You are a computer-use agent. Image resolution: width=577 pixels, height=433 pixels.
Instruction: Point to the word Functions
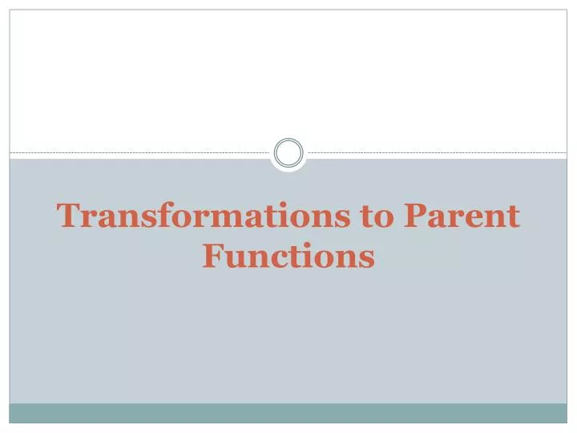(x=288, y=257)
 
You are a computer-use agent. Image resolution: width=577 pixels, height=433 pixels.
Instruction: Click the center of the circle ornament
(x=288, y=152)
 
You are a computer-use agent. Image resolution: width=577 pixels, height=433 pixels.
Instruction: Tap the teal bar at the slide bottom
(x=288, y=412)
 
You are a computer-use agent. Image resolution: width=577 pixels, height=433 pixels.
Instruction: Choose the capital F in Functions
(x=212, y=257)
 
